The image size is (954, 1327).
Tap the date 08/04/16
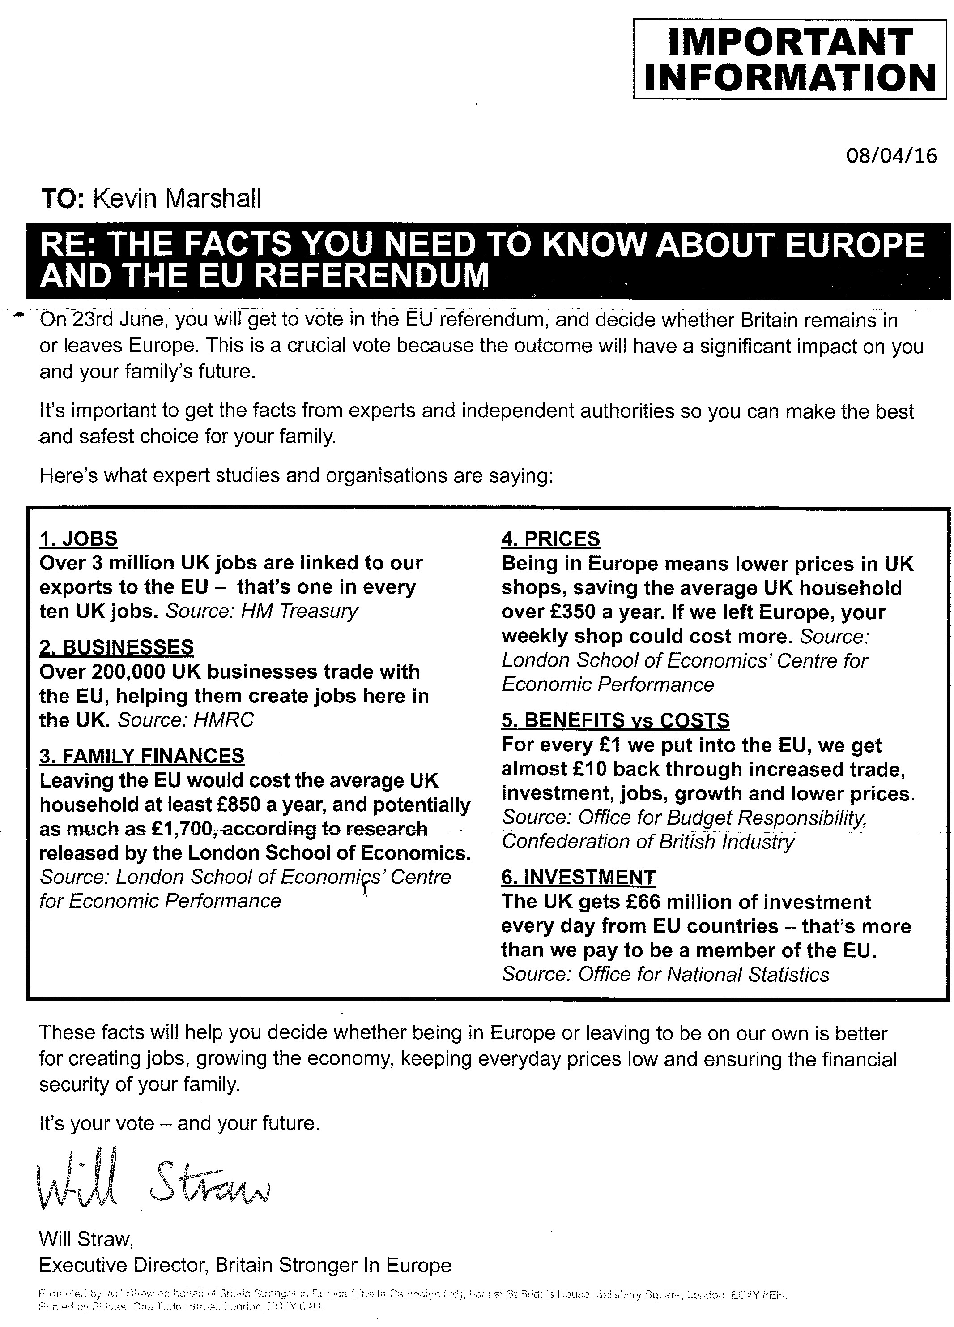click(x=891, y=156)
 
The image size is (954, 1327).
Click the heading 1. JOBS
click(x=78, y=538)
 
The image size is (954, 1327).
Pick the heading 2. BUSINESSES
click(x=116, y=646)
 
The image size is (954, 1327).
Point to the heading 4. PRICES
click(x=550, y=538)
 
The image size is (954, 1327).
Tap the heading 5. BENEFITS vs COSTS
click(x=615, y=720)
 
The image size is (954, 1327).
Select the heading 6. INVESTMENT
click(x=578, y=877)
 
